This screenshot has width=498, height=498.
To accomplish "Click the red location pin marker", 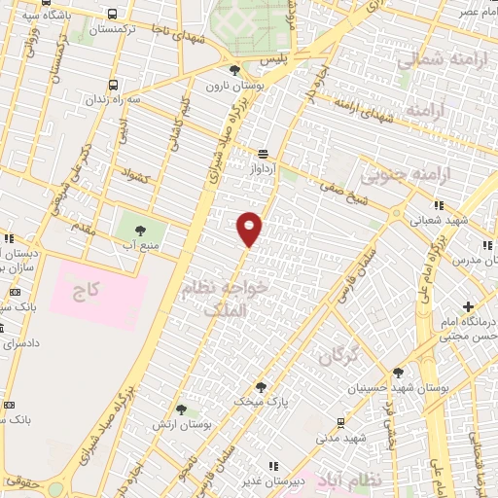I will point(250,229).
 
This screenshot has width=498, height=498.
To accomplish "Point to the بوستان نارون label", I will point(230,86).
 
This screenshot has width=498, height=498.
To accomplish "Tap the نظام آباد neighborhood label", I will point(351,480).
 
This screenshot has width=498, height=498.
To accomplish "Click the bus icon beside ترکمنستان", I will point(114,15).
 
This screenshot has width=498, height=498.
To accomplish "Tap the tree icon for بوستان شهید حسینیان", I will point(397,373).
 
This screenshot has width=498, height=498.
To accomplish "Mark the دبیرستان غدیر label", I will point(270,480).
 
